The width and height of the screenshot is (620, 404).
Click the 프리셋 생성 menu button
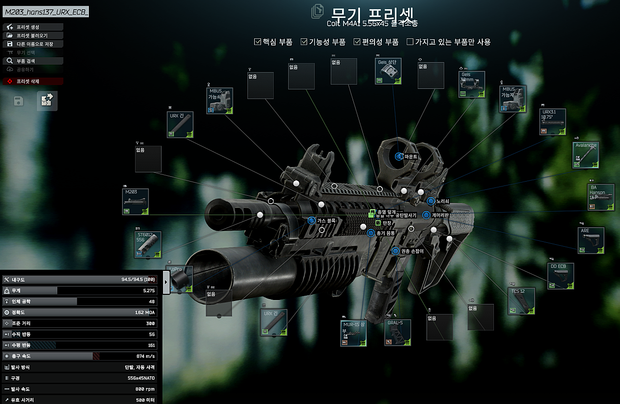[x=33, y=27]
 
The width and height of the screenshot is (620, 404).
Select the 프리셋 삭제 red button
[x=33, y=82]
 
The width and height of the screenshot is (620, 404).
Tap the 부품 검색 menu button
[x=33, y=61]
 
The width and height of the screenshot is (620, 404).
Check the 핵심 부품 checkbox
[x=258, y=42]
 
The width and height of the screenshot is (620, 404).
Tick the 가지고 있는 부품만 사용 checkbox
[x=410, y=42]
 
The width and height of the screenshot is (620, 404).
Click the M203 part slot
[x=135, y=202]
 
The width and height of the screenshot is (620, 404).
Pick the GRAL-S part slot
[x=398, y=333]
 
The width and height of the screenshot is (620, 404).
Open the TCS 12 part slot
[x=522, y=301]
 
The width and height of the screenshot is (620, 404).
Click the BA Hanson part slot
[x=601, y=197]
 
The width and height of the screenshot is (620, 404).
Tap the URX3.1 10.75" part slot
[x=553, y=122]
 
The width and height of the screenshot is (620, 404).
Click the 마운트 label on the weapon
[x=411, y=157]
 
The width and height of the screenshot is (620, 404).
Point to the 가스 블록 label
[x=326, y=220]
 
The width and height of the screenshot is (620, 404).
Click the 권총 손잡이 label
[x=411, y=251]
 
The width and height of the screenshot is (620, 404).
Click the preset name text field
[x=46, y=12]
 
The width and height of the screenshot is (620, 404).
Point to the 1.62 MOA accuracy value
[x=145, y=312]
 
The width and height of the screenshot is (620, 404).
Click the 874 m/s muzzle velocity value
[x=145, y=356]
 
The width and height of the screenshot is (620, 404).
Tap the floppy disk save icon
[x=18, y=101]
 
